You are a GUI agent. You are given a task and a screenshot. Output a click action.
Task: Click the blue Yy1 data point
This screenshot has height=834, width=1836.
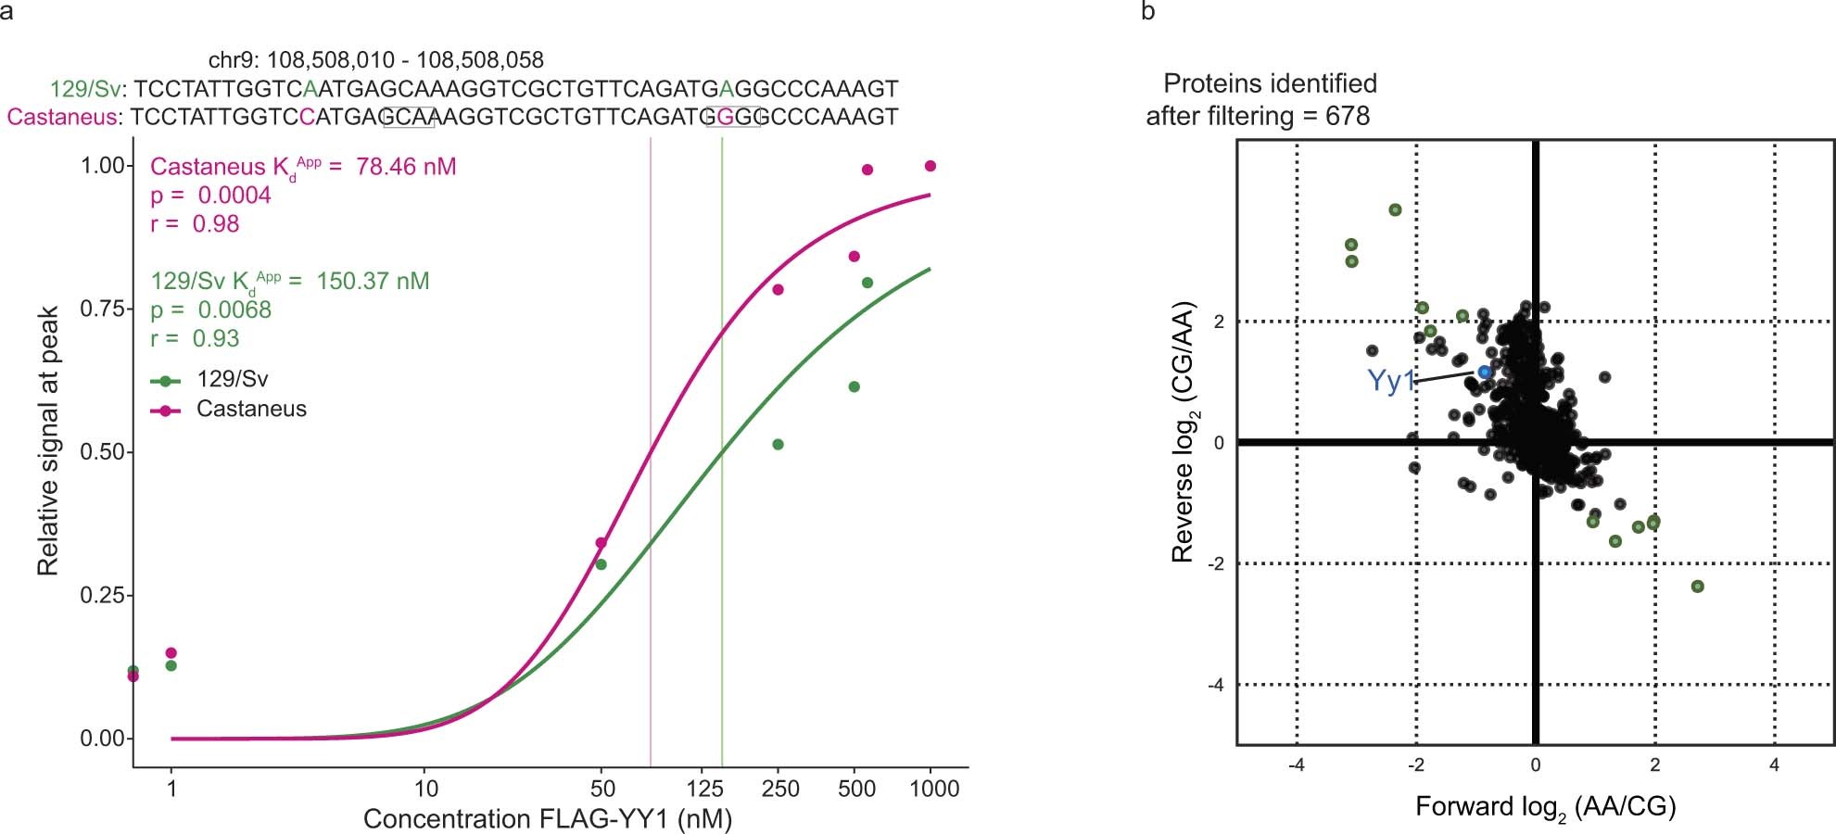pyautogui.click(x=1484, y=372)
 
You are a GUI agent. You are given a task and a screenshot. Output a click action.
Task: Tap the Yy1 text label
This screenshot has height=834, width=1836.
pyautogui.click(x=1390, y=381)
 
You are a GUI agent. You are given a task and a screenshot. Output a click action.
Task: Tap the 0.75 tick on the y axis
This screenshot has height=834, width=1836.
pyautogui.click(x=102, y=309)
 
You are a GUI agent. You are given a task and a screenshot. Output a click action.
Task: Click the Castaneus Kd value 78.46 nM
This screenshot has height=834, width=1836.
pyautogui.click(x=406, y=167)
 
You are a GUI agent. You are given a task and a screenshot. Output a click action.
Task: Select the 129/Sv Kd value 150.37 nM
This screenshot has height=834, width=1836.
pyautogui.click(x=373, y=281)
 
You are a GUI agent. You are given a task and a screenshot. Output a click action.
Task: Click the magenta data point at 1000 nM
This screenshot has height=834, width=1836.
pyautogui.click(x=931, y=166)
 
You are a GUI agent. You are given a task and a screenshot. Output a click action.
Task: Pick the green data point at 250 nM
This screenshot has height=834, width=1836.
pyautogui.click(x=778, y=445)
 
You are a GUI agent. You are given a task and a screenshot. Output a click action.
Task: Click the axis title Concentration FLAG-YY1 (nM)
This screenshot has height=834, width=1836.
pyautogui.click(x=547, y=819)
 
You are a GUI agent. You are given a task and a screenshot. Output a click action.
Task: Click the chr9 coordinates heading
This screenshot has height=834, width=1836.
pyautogui.click(x=375, y=60)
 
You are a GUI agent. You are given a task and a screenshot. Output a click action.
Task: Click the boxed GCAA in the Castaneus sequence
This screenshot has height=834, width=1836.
pyautogui.click(x=409, y=117)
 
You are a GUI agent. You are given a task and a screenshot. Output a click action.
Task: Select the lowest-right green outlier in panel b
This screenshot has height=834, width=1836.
pyautogui.click(x=1697, y=587)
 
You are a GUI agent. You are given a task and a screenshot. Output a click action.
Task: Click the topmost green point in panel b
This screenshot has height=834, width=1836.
pyautogui.click(x=1395, y=210)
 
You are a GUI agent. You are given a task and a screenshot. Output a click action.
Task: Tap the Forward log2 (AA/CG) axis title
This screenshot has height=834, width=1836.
pyautogui.click(x=1545, y=807)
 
